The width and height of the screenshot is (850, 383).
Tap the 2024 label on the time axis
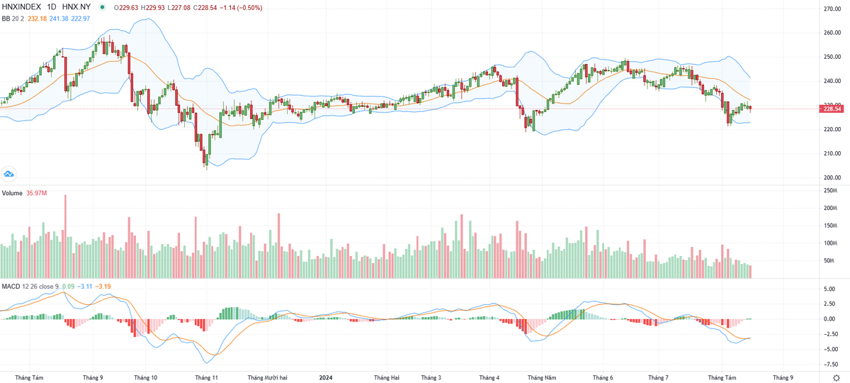[326, 377]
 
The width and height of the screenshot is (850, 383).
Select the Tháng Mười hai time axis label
[267, 377]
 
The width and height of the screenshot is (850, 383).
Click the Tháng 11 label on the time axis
[206, 377]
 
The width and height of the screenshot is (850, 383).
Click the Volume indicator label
[12, 193]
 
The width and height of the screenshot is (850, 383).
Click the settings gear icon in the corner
[836, 378]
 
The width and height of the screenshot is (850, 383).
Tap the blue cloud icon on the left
[9, 173]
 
